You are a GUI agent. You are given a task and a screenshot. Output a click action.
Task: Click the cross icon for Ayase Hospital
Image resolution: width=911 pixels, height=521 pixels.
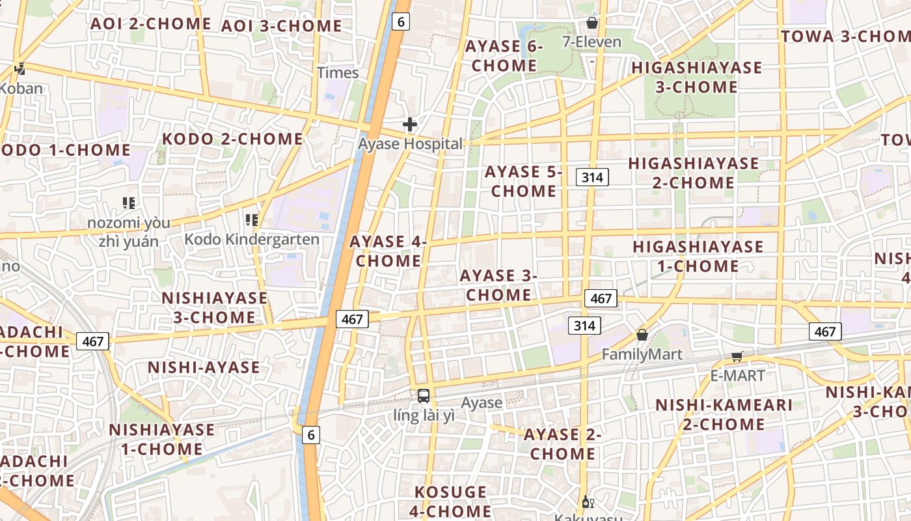click(x=410, y=124)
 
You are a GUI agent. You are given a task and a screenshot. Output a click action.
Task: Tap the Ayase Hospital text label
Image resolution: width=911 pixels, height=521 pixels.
click(x=411, y=144)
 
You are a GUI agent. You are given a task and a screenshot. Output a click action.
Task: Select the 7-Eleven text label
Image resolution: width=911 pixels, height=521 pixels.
click(x=591, y=42)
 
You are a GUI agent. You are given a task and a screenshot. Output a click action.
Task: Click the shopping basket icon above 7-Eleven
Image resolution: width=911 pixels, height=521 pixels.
click(x=592, y=23)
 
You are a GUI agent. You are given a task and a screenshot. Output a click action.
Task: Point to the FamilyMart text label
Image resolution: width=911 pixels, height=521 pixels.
click(x=642, y=354)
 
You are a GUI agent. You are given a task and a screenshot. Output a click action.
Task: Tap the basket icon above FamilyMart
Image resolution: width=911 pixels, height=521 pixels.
click(x=642, y=335)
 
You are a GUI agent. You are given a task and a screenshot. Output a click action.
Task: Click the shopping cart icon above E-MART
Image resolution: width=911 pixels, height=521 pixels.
click(x=737, y=356)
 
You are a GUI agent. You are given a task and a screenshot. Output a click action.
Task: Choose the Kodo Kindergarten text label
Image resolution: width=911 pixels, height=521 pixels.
click(x=252, y=239)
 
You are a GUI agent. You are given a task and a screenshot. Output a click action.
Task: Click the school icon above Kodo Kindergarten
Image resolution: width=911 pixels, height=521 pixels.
click(x=252, y=220)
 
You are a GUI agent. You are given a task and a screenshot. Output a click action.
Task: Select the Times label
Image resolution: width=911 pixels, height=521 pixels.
click(x=338, y=72)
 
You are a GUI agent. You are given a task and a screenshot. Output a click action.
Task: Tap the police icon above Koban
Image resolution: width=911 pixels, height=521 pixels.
click(x=20, y=68)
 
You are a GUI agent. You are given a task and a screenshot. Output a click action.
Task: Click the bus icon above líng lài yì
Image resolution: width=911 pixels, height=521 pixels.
click(x=424, y=395)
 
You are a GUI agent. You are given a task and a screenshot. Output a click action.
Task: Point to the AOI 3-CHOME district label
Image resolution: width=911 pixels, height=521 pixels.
click(x=281, y=26)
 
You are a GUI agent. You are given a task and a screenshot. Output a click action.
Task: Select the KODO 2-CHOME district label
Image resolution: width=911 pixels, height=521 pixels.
click(x=232, y=139)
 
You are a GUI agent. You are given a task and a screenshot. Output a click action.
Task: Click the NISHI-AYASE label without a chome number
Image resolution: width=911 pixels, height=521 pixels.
click(x=204, y=367)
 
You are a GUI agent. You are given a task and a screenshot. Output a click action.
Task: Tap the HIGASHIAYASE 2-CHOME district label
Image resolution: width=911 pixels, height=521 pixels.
click(x=694, y=173)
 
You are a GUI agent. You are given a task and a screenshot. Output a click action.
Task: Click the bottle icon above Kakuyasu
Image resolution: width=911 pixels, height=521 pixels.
click(x=588, y=501)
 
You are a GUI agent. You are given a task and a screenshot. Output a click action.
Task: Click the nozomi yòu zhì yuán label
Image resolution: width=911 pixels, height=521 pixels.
click(x=129, y=232)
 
